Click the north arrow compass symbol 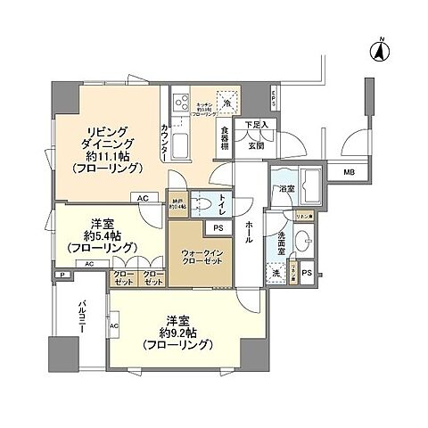377,52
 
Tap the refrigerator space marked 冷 227,100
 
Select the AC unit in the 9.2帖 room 113,326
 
